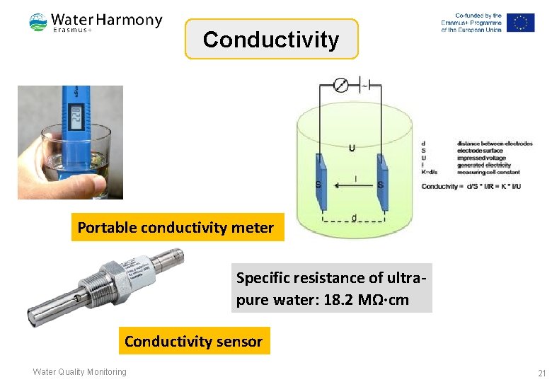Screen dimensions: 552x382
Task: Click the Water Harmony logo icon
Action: click(38, 23)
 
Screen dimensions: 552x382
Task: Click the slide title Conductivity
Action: click(271, 40)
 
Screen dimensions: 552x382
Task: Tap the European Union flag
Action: click(521, 23)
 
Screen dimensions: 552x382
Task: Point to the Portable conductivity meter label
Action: click(176, 228)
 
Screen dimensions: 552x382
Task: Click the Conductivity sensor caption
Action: click(193, 342)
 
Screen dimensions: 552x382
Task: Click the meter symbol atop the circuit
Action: click(340, 86)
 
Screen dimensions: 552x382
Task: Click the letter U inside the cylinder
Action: click(352, 148)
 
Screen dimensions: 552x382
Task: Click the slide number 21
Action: click(542, 373)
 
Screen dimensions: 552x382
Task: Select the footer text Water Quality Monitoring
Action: click(79, 372)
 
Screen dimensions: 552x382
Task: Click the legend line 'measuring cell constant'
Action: click(489, 172)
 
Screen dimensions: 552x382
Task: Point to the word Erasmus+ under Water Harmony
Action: click(73, 29)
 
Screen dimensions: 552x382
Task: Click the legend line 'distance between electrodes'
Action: click(495, 144)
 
